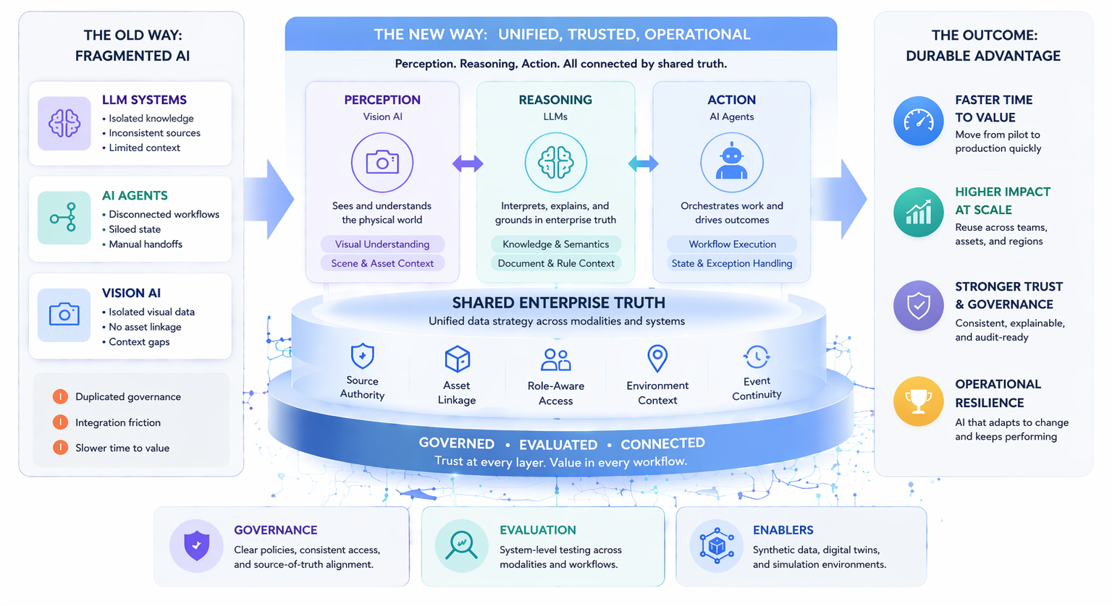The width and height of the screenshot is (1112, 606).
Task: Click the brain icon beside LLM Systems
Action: click(x=64, y=123)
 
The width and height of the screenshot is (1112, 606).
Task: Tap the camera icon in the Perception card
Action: click(x=382, y=163)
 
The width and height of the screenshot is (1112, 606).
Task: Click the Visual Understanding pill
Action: click(x=382, y=244)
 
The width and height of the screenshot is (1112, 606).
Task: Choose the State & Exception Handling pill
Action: click(x=731, y=263)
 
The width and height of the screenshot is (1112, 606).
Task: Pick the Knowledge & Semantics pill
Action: click(x=555, y=244)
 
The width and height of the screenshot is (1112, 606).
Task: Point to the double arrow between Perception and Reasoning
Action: click(x=468, y=164)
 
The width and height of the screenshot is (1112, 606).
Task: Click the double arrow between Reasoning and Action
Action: click(x=643, y=164)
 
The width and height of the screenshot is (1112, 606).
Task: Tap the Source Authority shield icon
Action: click(x=362, y=357)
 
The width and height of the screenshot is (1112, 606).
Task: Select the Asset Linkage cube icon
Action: click(x=457, y=359)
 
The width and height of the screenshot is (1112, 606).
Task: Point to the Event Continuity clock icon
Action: click(x=757, y=357)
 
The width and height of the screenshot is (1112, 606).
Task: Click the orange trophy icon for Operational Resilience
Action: click(x=918, y=401)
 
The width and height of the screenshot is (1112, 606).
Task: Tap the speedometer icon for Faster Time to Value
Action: click(x=918, y=121)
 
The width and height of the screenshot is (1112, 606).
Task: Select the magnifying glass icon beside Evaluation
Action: click(x=461, y=545)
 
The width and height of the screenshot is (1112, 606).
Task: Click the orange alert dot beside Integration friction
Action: click(x=60, y=422)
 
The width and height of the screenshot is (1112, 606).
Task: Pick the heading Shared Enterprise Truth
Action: click(x=558, y=303)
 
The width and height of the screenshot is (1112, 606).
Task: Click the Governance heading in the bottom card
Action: click(x=275, y=530)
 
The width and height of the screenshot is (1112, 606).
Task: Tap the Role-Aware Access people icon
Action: click(x=555, y=359)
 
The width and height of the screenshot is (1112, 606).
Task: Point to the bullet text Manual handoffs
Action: click(x=146, y=244)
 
